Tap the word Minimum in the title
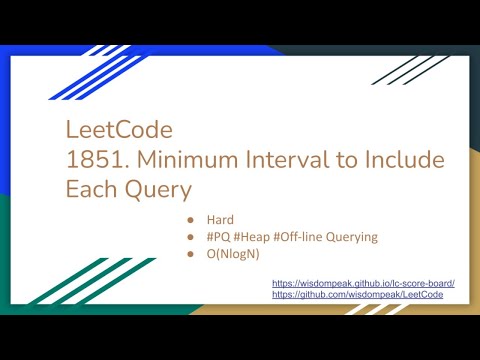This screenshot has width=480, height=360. point(178,160)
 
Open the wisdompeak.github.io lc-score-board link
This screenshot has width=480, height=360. point(363,284)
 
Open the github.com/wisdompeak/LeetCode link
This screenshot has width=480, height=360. point(363,296)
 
